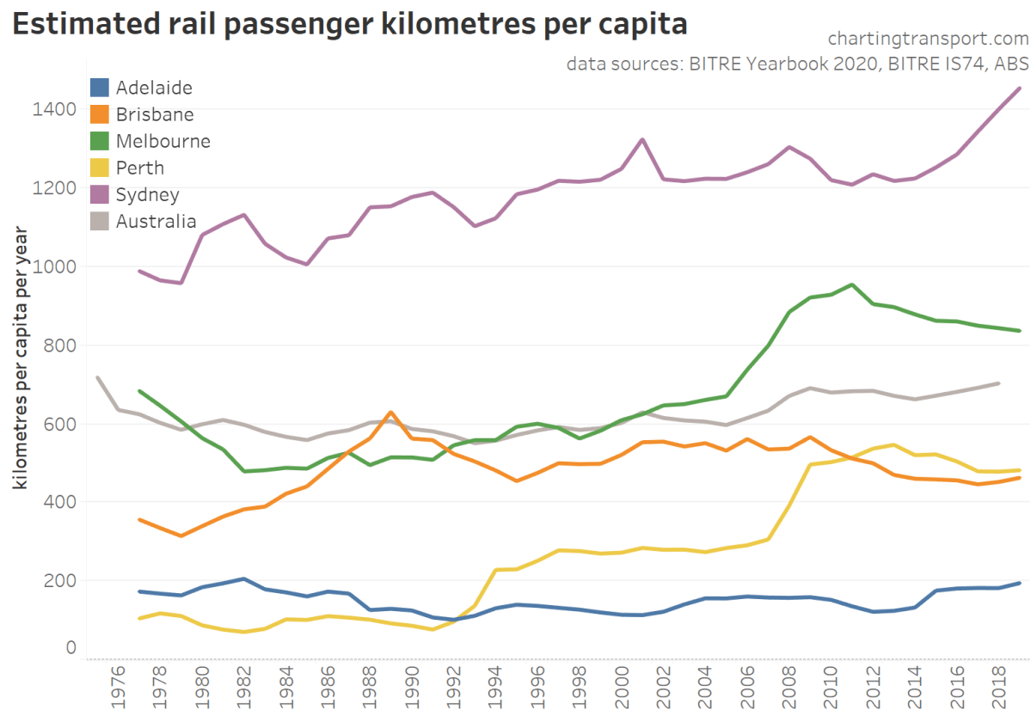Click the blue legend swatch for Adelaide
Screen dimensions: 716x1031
[x=101, y=87]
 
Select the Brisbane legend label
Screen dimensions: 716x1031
[x=154, y=114]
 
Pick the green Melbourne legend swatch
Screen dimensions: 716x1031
[x=101, y=141]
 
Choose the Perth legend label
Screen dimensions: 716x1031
[x=139, y=168]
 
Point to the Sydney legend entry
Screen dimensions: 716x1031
[x=147, y=194]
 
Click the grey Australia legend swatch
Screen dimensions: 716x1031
[x=101, y=221]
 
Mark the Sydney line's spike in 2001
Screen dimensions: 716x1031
[x=641, y=139]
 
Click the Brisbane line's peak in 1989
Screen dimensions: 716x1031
[x=390, y=413]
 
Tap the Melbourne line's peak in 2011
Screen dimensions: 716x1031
[x=851, y=285]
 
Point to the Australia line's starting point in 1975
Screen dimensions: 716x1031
[x=98, y=377]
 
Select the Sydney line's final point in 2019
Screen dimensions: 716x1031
[x=1020, y=89]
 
